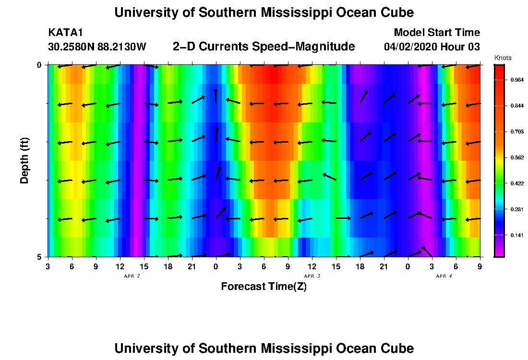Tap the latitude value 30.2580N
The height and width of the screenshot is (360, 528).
pyautogui.click(x=70, y=47)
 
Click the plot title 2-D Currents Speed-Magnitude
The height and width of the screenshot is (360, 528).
pyautogui.click(x=264, y=47)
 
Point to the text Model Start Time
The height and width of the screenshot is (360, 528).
pyautogui.click(x=436, y=33)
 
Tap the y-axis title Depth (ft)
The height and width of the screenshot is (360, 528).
pyautogui.click(x=24, y=160)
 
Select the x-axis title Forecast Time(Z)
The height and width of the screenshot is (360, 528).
pyautogui.click(x=264, y=287)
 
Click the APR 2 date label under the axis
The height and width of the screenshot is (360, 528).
pyautogui.click(x=132, y=276)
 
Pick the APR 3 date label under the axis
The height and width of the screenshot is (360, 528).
pyautogui.click(x=312, y=276)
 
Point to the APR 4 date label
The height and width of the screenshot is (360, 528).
pyautogui.click(x=444, y=276)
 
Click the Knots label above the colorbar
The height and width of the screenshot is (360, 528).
pyautogui.click(x=503, y=58)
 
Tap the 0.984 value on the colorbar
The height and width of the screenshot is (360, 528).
pyautogui.click(x=517, y=80)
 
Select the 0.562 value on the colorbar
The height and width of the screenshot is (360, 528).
pyautogui.click(x=517, y=157)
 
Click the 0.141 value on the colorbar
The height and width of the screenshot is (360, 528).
pyautogui.click(x=517, y=235)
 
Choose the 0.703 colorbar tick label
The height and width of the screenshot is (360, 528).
pyautogui.click(x=517, y=132)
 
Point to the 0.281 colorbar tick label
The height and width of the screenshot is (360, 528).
pyautogui.click(x=517, y=209)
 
